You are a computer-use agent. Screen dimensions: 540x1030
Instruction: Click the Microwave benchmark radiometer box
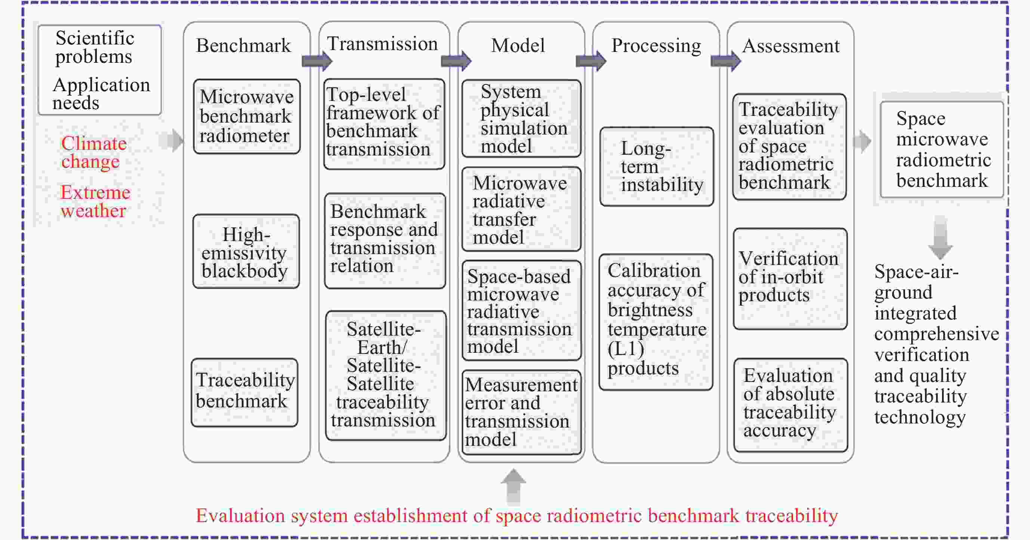[x=247, y=116]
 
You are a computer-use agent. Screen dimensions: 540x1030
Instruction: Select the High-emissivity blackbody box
[x=246, y=252]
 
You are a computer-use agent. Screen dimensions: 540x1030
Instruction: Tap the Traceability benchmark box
[x=245, y=392]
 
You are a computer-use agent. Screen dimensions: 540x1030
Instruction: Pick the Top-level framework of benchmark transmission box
[x=384, y=123]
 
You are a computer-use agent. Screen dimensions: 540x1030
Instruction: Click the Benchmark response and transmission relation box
[x=385, y=241]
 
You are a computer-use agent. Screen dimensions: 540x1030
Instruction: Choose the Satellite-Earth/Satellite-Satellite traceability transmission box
[x=385, y=375]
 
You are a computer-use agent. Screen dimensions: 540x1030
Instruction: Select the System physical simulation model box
[x=521, y=118]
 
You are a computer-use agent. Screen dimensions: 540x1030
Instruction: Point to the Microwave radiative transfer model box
[x=521, y=209]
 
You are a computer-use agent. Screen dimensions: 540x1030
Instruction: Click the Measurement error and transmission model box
[x=521, y=412]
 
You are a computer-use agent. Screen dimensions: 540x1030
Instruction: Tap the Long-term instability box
[x=657, y=167]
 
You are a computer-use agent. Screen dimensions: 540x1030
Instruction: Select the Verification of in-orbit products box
[x=790, y=278]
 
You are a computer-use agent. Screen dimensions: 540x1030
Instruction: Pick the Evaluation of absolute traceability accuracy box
[x=790, y=404]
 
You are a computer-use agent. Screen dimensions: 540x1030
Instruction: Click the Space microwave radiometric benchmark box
[x=942, y=149]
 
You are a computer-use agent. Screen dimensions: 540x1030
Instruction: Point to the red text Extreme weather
[x=95, y=201]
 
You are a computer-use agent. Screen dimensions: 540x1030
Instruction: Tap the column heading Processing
[x=656, y=45]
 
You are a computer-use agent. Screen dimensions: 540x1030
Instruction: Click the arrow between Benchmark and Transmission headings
[x=317, y=61]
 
